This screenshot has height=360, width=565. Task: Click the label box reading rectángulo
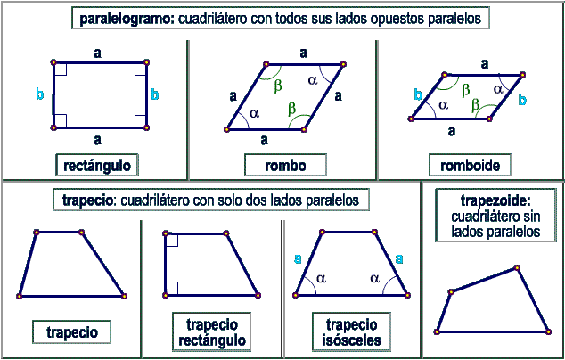(97, 165)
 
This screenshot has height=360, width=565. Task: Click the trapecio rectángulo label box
(211, 331)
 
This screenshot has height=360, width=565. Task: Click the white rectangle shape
(99, 95)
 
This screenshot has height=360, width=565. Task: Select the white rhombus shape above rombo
(285, 95)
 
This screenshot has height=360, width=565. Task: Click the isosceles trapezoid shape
(351, 265)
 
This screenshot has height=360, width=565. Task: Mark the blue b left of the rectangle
(39, 93)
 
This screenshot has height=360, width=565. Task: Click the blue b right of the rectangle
(155, 93)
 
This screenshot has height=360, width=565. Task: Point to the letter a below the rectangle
(97, 140)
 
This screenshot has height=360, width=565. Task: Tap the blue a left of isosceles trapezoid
(297, 259)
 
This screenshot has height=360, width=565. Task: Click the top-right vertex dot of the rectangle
(146, 64)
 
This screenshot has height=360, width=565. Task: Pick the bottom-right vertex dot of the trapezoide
(548, 331)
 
